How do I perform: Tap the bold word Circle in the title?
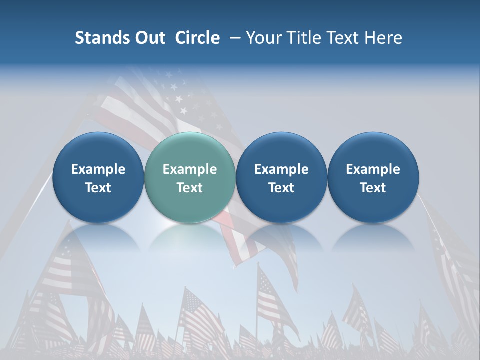197,38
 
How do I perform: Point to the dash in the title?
233,38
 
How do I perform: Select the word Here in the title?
384,38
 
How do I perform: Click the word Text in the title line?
341,38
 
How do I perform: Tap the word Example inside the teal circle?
190,169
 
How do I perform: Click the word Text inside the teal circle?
190,188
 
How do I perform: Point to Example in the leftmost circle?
98,169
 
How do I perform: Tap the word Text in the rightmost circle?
373,188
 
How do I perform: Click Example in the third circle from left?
281,169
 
